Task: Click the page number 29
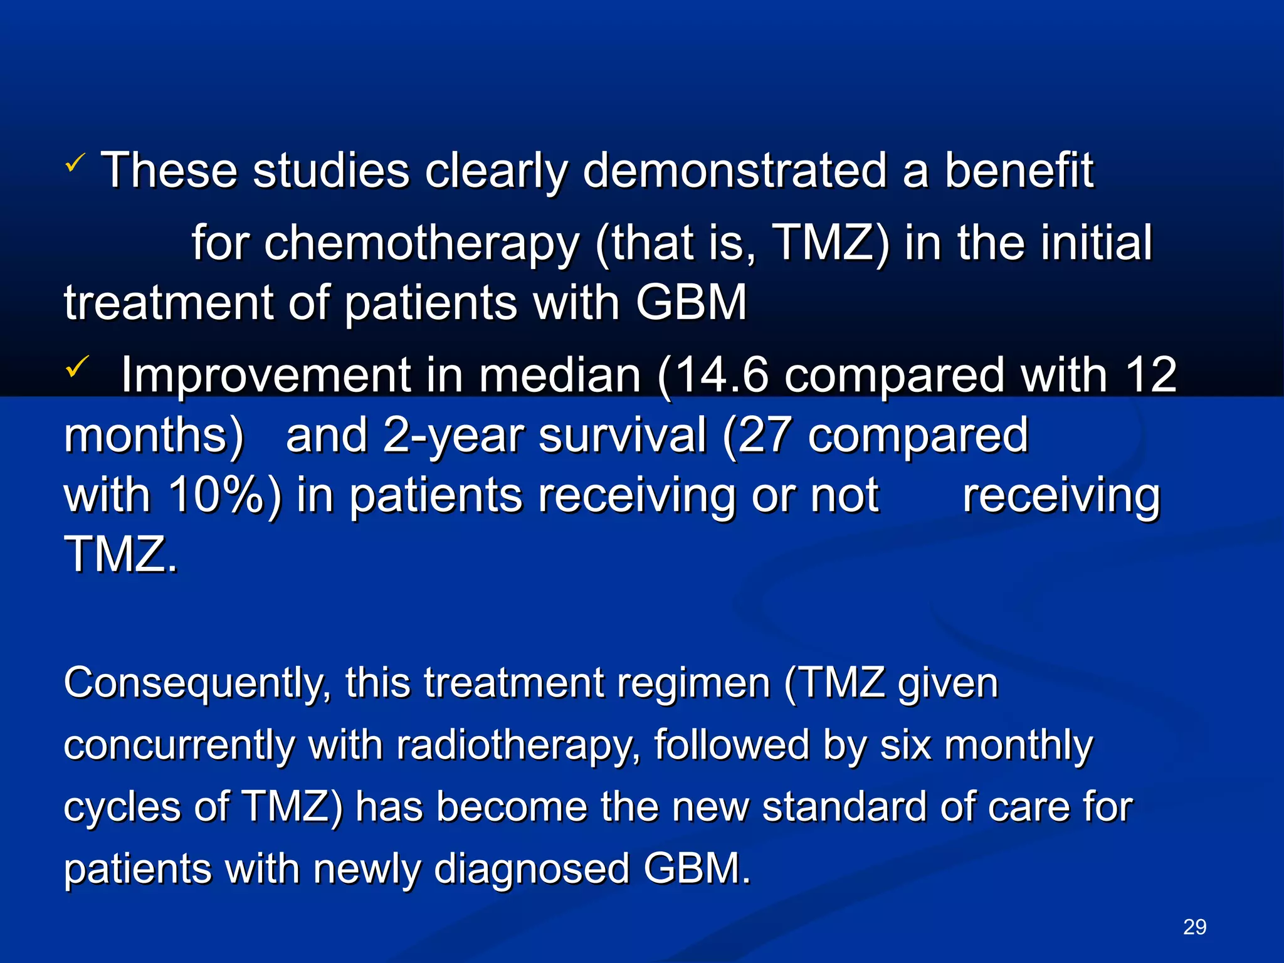1194,927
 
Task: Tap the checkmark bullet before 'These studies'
75,164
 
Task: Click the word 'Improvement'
266,375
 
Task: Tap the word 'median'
559,375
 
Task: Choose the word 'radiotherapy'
518,746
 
